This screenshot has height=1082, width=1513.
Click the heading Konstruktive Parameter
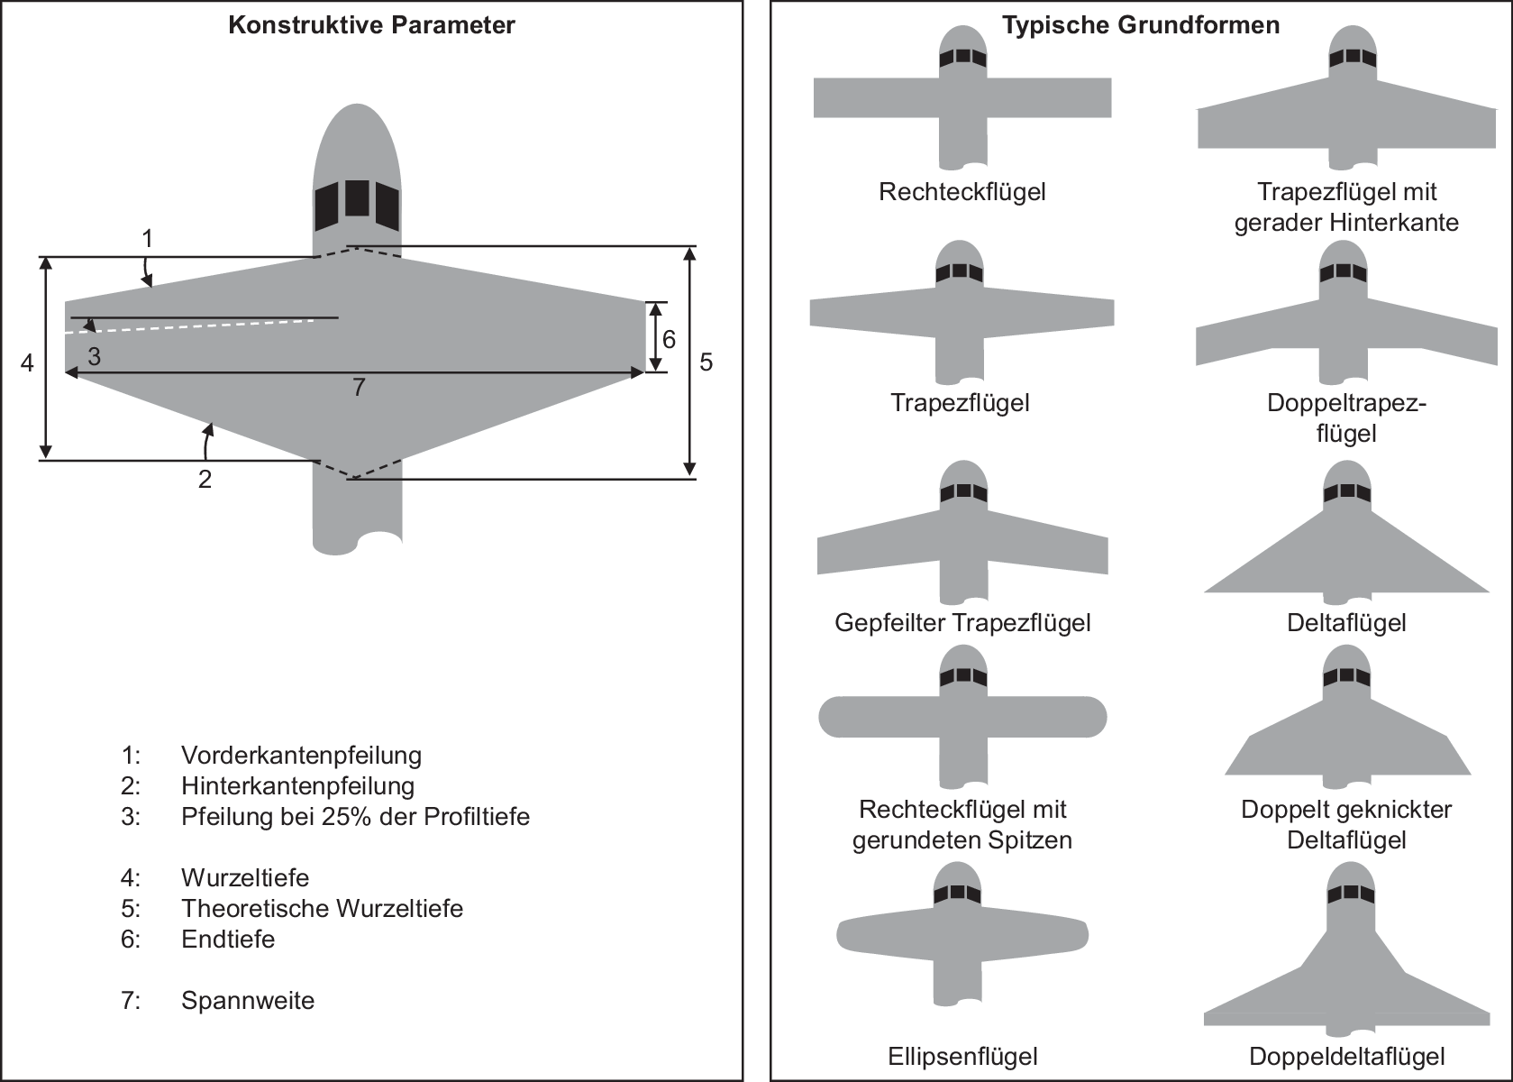371,25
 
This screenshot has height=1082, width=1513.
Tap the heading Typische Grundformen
1141,25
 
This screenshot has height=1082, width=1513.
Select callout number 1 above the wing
147,239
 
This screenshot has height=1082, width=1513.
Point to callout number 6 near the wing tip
669,339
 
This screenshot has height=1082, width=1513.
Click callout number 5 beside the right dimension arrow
706,362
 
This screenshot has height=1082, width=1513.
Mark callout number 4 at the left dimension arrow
27,362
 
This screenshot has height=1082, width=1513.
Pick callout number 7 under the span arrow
360,387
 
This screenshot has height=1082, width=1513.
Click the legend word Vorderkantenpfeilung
301,755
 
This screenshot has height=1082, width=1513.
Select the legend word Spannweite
248,1000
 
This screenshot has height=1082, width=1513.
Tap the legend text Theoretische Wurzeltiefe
323,908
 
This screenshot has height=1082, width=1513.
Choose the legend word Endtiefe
228,939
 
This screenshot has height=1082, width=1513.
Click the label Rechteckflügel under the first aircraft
962,192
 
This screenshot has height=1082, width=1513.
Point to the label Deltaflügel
1346,622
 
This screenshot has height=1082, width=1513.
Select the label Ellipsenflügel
962,1057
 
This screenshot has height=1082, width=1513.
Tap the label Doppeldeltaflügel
1347,1057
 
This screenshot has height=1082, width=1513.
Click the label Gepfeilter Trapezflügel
962,622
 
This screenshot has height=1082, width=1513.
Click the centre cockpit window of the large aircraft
358,198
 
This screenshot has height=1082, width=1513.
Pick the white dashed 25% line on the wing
190,326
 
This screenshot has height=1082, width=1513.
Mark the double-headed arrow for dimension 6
654,337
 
